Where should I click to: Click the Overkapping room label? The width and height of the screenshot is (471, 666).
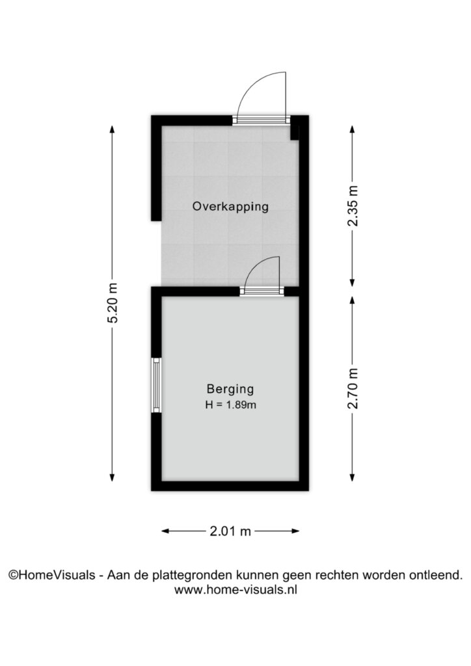pos(230,207)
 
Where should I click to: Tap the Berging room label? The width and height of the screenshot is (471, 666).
pos(230,389)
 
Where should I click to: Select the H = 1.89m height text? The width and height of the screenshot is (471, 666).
pos(230,405)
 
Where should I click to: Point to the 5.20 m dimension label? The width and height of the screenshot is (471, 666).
pos(112,303)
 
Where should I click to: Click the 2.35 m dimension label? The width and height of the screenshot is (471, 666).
pos(353,206)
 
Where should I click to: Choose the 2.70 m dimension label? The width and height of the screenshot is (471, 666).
pos(353,389)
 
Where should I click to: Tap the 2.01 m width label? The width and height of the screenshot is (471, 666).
pos(230,531)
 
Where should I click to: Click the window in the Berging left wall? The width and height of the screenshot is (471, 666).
pos(157,385)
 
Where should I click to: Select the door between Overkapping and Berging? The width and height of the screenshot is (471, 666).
pos(262,276)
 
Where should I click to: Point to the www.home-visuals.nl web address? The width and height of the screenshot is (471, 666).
pos(235,589)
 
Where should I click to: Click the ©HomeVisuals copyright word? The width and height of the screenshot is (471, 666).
pos(52,575)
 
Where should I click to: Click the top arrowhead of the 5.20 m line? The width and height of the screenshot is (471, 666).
pos(112,129)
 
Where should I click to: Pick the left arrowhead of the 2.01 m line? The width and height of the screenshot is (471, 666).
pos(166,531)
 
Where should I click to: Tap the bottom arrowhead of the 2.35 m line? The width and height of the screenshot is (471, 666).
pos(353,282)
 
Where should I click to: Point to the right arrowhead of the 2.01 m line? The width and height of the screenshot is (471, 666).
pos(295,531)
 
